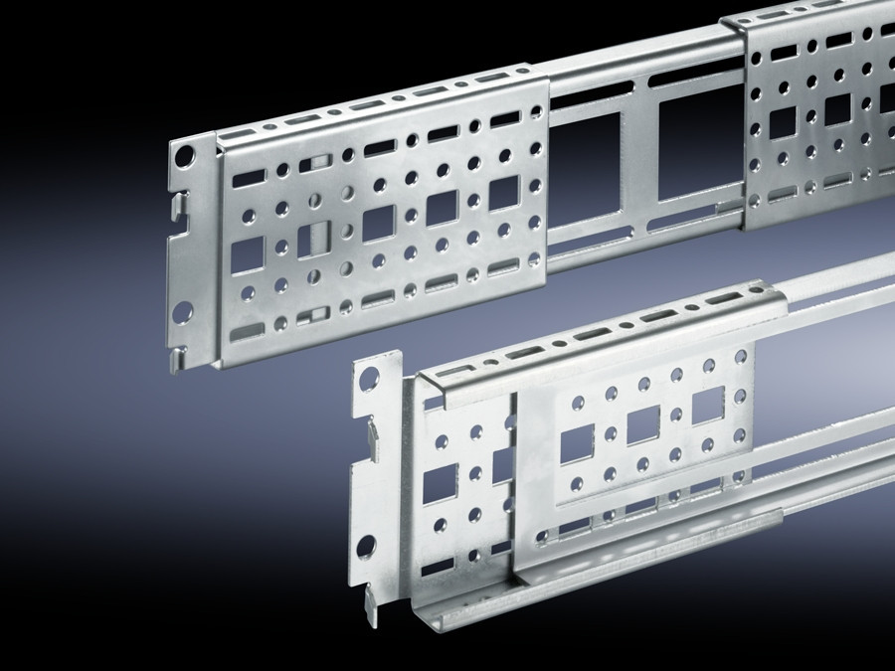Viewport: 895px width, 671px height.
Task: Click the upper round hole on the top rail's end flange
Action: click(184, 157)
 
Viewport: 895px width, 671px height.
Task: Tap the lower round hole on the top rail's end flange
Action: click(183, 312)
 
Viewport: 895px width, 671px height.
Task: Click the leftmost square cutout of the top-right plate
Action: click(783, 122)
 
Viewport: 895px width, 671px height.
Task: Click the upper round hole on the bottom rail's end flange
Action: click(368, 380)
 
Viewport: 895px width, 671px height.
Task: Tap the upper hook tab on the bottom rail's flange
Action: click(366, 428)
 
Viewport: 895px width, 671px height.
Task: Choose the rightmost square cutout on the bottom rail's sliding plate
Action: click(706, 403)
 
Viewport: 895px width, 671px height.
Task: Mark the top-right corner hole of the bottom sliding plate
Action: click(740, 355)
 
